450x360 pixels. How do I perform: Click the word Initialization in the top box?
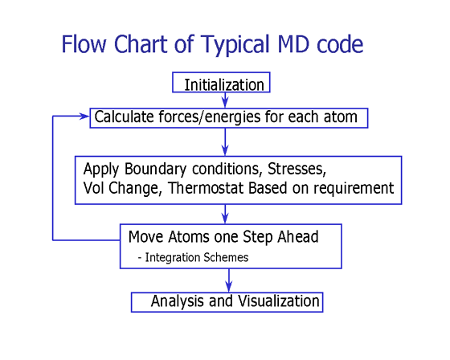tap(224, 85)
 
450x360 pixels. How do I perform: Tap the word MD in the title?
tap(293, 44)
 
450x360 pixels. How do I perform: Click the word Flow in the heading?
tap(84, 44)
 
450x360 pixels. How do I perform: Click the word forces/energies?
tap(210, 117)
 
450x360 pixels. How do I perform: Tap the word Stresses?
tap(297, 169)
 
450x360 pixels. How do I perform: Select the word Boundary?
tap(156, 170)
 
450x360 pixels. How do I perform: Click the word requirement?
tap(354, 189)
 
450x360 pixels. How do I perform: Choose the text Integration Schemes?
tap(197, 257)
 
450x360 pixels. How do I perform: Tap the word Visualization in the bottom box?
tap(279, 301)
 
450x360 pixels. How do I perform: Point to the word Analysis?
tap(178, 301)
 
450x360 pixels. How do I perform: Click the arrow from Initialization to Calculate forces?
tap(225, 100)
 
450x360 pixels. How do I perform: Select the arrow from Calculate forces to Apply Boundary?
tap(225, 141)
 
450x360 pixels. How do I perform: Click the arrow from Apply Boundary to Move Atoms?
tap(225, 215)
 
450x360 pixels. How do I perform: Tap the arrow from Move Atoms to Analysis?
tap(229, 280)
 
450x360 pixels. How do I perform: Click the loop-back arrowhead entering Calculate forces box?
tap(85, 117)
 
